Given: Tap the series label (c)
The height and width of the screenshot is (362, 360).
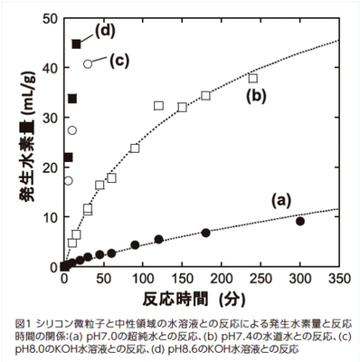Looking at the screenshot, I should [x=120, y=62].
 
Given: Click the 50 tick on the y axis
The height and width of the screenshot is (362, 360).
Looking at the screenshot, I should [x=51, y=19].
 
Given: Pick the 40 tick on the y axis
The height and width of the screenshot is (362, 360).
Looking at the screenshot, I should [x=51, y=69].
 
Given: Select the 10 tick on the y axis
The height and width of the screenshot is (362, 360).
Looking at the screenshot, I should [x=51, y=217].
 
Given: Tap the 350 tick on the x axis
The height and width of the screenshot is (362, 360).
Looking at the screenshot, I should [x=339, y=280].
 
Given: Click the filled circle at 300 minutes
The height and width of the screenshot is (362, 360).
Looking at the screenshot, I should [x=300, y=221].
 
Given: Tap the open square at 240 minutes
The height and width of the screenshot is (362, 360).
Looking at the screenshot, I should [x=253, y=78].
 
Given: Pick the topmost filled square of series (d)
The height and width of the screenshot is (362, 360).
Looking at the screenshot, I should [x=77, y=43].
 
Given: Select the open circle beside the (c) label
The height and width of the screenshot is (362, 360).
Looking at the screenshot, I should [x=88, y=63].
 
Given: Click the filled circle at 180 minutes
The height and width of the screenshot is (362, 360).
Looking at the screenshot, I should [x=206, y=233].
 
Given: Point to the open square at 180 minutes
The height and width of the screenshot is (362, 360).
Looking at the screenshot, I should [x=206, y=95].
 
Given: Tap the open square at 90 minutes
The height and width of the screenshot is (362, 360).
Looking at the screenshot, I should [x=135, y=148].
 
